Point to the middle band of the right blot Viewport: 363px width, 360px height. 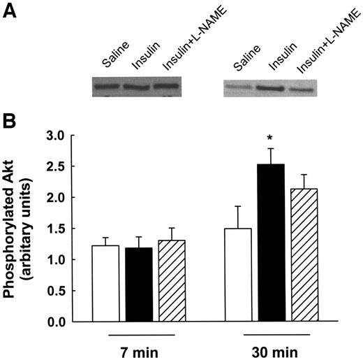click(269, 89)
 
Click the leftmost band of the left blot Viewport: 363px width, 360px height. click(107, 87)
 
